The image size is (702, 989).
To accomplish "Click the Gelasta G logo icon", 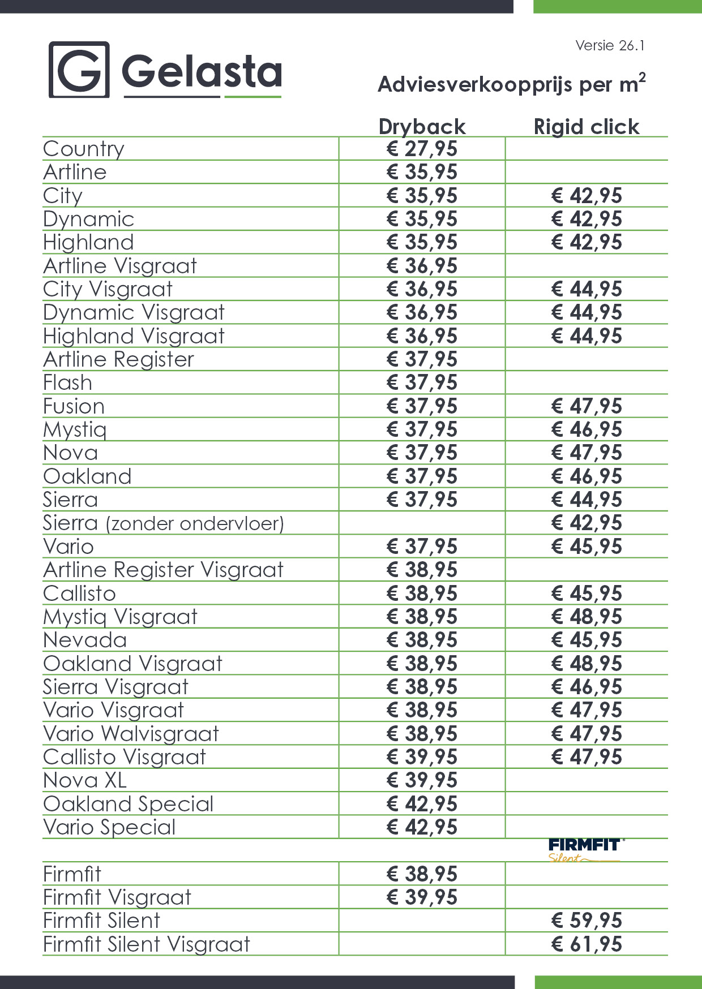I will [x=79, y=70].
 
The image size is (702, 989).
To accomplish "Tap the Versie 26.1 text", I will [x=610, y=46].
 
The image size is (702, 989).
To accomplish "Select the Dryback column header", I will [x=422, y=127].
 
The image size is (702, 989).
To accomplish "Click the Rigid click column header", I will [x=587, y=127].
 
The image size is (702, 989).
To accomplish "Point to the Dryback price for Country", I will [x=422, y=149].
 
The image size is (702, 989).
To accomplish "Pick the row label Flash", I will [x=68, y=383].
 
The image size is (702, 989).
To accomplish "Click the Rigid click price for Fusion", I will [x=587, y=406].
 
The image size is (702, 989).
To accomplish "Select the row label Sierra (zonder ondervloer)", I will [x=163, y=523].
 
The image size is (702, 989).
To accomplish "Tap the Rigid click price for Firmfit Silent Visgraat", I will [x=587, y=944].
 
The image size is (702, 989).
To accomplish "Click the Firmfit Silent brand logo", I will [x=585, y=850].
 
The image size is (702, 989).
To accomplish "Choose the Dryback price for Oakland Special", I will [x=422, y=804].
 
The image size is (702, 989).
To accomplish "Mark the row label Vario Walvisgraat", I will [x=131, y=734].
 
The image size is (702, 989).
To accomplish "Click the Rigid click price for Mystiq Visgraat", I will [x=587, y=617].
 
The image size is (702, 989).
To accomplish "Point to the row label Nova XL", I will [x=85, y=781].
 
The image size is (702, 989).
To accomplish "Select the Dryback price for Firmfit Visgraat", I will [x=422, y=897].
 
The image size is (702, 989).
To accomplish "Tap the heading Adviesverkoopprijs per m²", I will [x=511, y=84].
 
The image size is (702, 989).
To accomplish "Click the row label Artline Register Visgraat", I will [x=163, y=570].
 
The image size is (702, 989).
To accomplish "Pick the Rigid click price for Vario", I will [x=587, y=547].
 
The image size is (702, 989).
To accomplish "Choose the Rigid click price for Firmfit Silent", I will [x=587, y=921].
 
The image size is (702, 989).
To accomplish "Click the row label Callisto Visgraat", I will [x=125, y=757].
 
